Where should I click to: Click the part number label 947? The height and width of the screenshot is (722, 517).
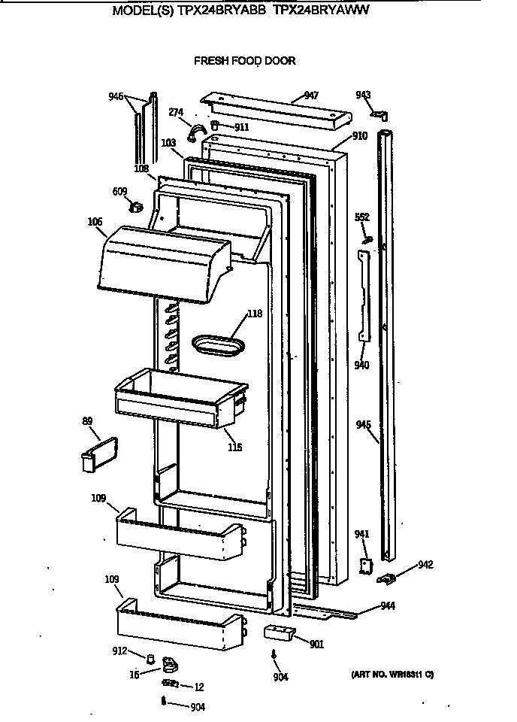tap(311, 96)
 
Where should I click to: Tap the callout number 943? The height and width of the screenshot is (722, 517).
tap(363, 95)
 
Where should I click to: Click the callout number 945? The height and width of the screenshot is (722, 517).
tap(363, 426)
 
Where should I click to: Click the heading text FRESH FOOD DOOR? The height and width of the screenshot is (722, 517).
tap(245, 61)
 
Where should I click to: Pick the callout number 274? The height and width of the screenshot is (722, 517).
tap(175, 113)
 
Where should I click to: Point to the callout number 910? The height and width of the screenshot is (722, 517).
tap(360, 137)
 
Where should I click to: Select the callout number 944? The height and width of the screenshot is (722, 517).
tap(388, 605)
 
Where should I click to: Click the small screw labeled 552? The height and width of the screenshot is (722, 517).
tap(367, 240)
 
